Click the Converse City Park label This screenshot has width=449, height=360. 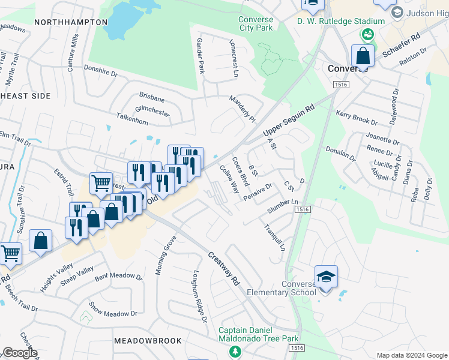[256, 23]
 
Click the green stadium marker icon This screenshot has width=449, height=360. [368, 34]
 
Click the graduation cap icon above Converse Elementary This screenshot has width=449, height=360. [326, 277]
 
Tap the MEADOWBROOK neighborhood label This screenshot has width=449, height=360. [148, 340]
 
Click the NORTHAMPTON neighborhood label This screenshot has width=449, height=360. [71, 22]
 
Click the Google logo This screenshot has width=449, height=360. [20, 353]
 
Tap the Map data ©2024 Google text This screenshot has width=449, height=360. [411, 355]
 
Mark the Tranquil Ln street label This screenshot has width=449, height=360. [274, 238]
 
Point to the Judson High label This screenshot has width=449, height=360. [427, 13]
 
